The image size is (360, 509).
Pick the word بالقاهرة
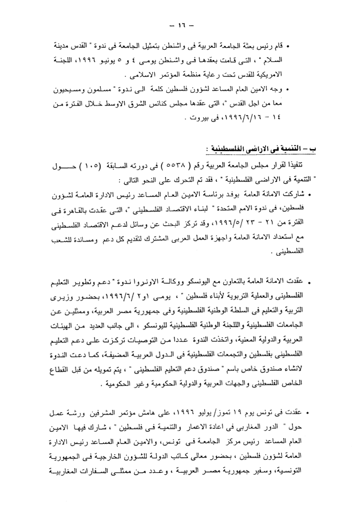point(82,209)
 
